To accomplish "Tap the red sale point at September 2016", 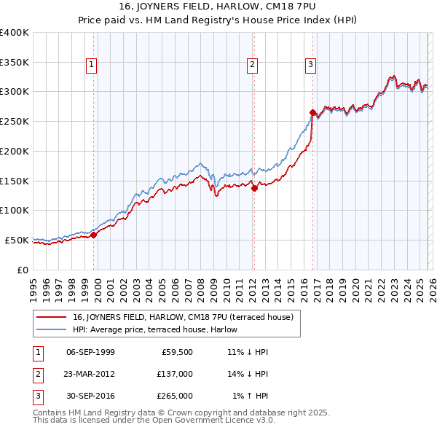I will click(312, 112).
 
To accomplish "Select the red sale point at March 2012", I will click(254, 188).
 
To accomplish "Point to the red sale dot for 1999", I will click(94, 234).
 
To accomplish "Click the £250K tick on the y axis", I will click(15, 121).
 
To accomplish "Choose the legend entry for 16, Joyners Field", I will click(183, 317).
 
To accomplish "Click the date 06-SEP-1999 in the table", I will click(90, 352).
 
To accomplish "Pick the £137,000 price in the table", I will click(175, 374).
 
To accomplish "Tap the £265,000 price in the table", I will click(175, 396).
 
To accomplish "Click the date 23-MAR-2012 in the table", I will click(90, 374).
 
